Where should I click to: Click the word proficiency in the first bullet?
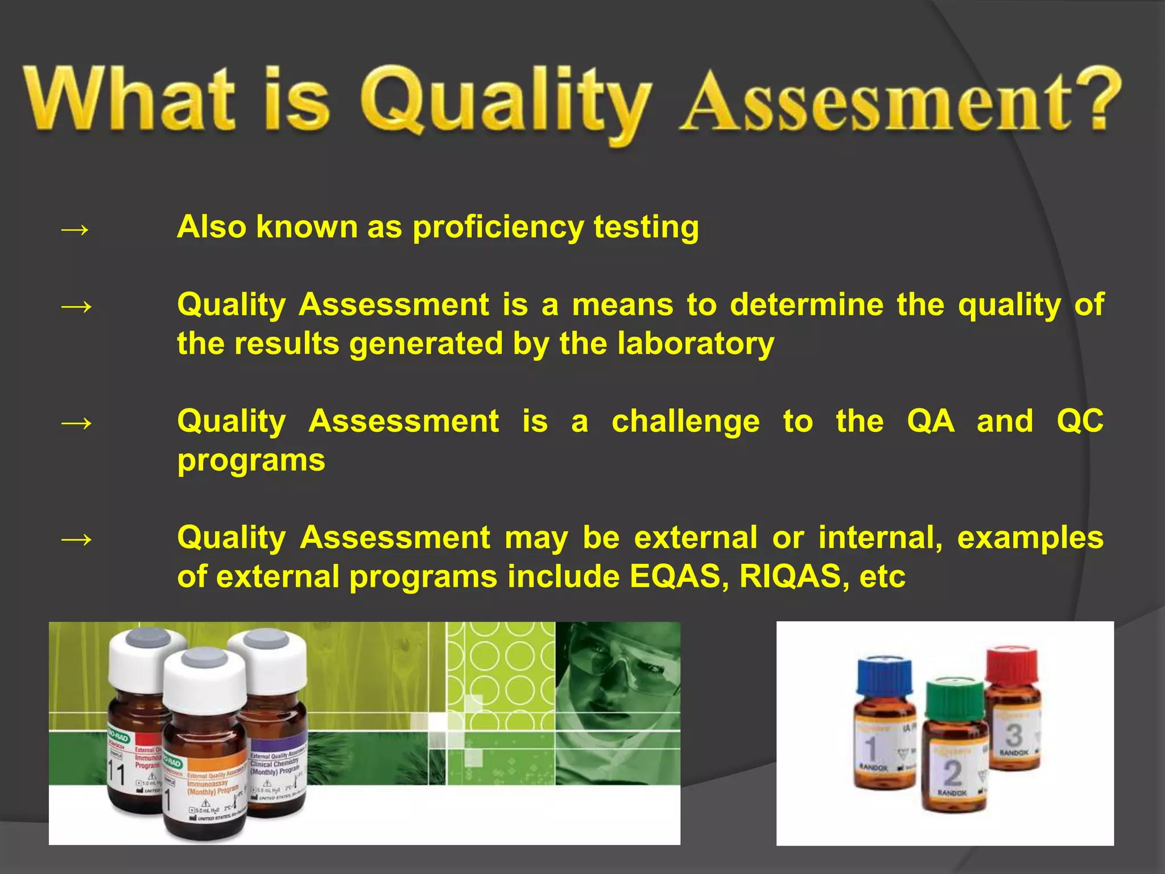click(x=498, y=228)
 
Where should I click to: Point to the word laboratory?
click(x=696, y=344)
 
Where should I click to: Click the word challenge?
click(x=685, y=422)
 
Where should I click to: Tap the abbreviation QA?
click(x=931, y=422)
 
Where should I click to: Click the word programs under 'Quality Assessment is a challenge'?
click(x=251, y=460)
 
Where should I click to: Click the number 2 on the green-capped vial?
click(x=953, y=772)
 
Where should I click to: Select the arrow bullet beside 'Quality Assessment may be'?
click(x=75, y=538)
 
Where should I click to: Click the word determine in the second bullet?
click(x=806, y=305)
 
